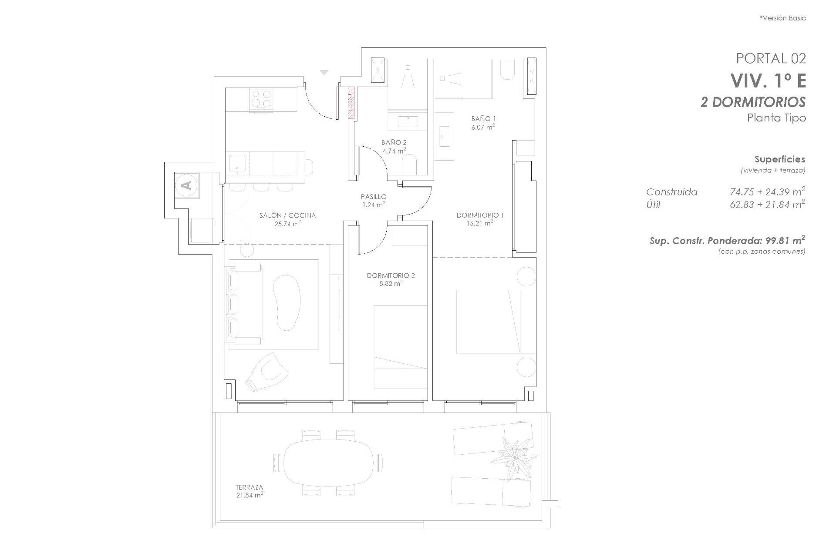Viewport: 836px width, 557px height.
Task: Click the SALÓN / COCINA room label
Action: (287, 215)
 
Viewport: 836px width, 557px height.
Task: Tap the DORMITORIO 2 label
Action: (391, 275)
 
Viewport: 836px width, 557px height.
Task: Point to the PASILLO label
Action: (373, 197)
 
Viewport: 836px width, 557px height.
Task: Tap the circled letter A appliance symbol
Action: (187, 185)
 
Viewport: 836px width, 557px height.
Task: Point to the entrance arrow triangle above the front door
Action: (324, 73)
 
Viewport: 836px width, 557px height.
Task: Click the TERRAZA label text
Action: (249, 487)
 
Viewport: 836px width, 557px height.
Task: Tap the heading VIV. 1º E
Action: (768, 81)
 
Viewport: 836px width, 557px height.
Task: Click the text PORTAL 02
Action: (771, 58)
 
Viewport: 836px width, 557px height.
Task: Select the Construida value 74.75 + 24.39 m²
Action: (767, 191)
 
